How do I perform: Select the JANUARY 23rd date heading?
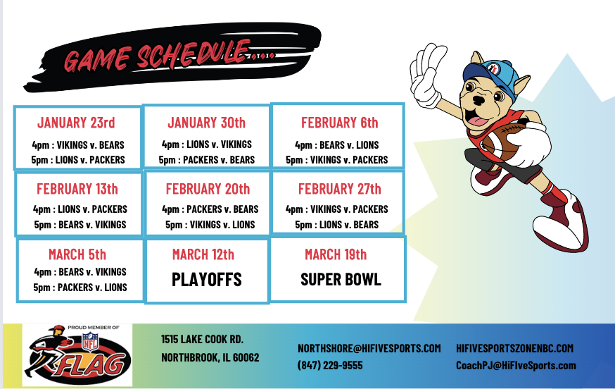(x=76, y=123)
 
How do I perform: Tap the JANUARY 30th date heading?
(x=206, y=123)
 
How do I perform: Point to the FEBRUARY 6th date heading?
(x=339, y=123)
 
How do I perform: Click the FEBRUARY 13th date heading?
(x=77, y=189)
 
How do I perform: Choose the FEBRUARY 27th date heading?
(x=339, y=189)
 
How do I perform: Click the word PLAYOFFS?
(x=207, y=280)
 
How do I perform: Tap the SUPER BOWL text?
(x=341, y=280)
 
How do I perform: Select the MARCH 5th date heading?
(x=77, y=254)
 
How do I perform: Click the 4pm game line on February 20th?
(x=210, y=209)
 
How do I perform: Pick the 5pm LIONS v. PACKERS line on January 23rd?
(x=78, y=160)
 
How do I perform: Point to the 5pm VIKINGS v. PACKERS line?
(x=336, y=160)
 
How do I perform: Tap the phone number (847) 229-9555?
(x=330, y=366)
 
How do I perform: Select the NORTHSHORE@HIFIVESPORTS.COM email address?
(x=369, y=349)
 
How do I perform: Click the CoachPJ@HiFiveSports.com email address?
(x=516, y=366)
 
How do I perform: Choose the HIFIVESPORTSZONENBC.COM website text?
(x=514, y=349)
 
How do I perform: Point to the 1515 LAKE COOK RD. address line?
(x=203, y=339)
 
